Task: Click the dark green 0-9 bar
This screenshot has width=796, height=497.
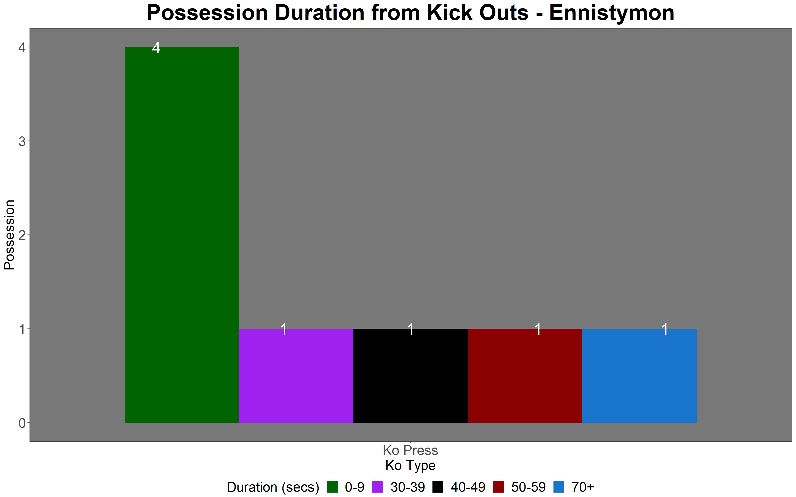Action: [182, 235]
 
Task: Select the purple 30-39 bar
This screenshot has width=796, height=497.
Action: [296, 376]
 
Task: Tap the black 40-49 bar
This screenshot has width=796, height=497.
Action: [410, 376]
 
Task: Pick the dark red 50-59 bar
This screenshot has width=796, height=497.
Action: [525, 376]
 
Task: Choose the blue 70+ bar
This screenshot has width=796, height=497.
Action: [639, 376]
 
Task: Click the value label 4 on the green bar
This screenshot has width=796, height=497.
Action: [156, 48]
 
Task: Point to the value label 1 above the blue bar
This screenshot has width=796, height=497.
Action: [665, 329]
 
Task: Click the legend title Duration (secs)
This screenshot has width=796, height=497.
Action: [273, 487]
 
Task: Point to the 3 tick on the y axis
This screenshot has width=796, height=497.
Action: [22, 142]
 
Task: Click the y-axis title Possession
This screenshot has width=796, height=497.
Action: [9, 235]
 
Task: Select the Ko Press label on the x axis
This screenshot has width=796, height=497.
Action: [410, 450]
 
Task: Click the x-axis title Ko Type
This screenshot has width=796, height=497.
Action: [410, 466]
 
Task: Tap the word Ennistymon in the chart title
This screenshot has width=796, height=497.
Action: [612, 13]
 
